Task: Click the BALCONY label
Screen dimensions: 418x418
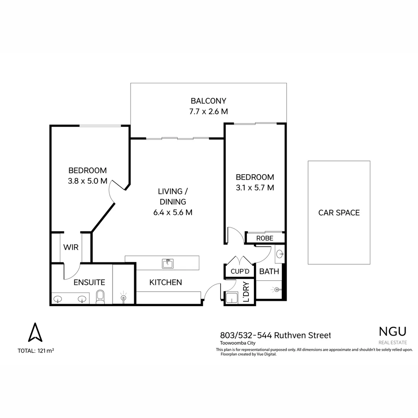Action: pyautogui.click(x=208, y=101)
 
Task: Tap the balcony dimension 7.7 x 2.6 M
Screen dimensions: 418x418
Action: pyautogui.click(x=208, y=111)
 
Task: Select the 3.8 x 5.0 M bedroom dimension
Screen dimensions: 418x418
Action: pyautogui.click(x=87, y=181)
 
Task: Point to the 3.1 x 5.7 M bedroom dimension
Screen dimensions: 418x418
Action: pyautogui.click(x=255, y=188)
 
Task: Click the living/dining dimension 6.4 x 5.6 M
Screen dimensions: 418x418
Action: pyautogui.click(x=173, y=212)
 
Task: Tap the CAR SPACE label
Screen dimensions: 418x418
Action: pyautogui.click(x=339, y=212)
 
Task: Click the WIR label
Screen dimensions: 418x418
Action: pyautogui.click(x=71, y=247)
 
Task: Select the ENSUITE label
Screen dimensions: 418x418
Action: pyautogui.click(x=89, y=283)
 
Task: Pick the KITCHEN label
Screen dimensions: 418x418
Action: pyautogui.click(x=166, y=283)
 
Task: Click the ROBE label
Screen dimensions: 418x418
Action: pyautogui.click(x=265, y=238)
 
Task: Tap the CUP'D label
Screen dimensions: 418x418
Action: pyautogui.click(x=240, y=271)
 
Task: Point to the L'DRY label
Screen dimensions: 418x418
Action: pyautogui.click(x=246, y=291)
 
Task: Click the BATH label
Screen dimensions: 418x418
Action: pyautogui.click(x=269, y=271)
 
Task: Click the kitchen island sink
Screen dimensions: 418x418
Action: pyautogui.click(x=168, y=264)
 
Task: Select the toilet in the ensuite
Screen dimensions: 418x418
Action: pyautogui.click(x=100, y=297)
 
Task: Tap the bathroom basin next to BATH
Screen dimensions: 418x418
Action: pyautogui.click(x=280, y=254)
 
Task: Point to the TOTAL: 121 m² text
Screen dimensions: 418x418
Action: pyautogui.click(x=36, y=351)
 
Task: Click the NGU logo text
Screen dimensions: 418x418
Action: pyautogui.click(x=392, y=331)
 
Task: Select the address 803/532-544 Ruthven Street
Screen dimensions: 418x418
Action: pyautogui.click(x=275, y=335)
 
